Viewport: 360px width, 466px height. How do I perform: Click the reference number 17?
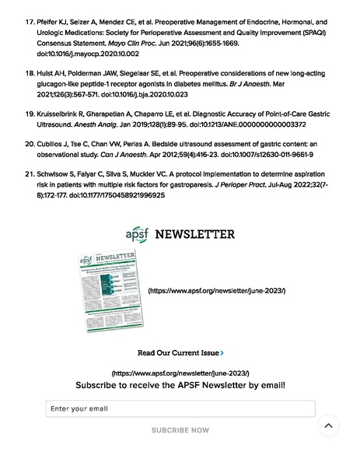(x=30, y=23)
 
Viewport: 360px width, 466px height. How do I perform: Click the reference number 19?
(x=30, y=114)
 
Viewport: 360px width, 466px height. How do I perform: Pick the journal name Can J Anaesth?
(x=124, y=155)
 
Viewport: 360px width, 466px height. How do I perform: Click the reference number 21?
(x=30, y=175)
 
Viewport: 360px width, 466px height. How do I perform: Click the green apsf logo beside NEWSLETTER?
(x=135, y=234)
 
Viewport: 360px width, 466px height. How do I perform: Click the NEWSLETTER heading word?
(x=194, y=234)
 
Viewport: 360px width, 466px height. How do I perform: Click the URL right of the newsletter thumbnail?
(x=216, y=291)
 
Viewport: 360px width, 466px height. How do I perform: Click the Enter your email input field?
(x=180, y=408)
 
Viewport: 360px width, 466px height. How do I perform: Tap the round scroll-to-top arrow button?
(x=328, y=426)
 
